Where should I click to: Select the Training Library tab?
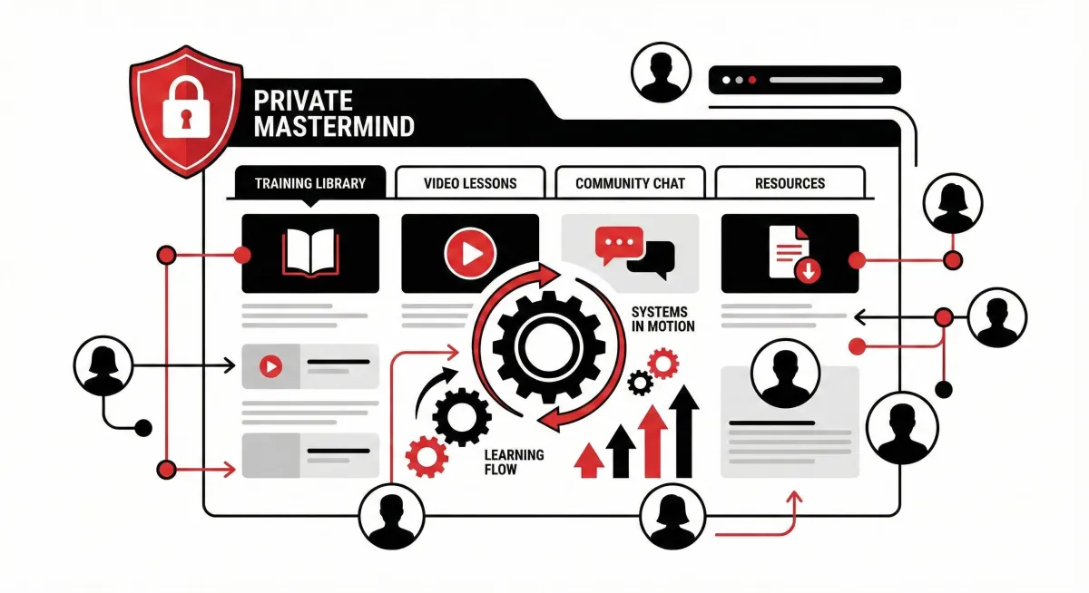(309, 183)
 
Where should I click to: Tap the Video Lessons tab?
(470, 183)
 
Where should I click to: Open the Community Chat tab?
(630, 183)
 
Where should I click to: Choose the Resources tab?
(790, 183)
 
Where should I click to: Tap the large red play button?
(470, 252)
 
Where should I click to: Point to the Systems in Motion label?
(662, 319)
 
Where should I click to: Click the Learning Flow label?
(514, 462)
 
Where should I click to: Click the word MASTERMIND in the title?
(334, 126)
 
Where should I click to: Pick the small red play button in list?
(270, 366)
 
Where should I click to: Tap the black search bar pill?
(805, 80)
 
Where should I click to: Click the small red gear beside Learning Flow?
(425, 456)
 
